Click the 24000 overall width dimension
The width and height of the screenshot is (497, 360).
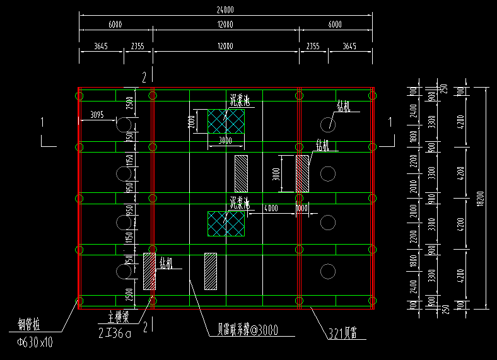pos(225,9)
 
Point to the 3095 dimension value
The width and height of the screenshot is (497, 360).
pos(97,115)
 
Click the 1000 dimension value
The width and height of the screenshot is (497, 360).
pos(302,208)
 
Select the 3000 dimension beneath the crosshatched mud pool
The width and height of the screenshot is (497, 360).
pos(226,141)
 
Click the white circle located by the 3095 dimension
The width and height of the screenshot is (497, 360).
pos(124,124)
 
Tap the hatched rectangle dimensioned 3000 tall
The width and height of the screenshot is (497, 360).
pos(303,173)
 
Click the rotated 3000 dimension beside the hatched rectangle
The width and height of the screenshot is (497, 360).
pos(276,173)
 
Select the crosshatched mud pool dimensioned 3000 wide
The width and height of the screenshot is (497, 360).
pos(226,121)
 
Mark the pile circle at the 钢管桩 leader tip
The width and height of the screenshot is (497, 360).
pos(79,301)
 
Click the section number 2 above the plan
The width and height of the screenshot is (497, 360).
pos(144,78)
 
